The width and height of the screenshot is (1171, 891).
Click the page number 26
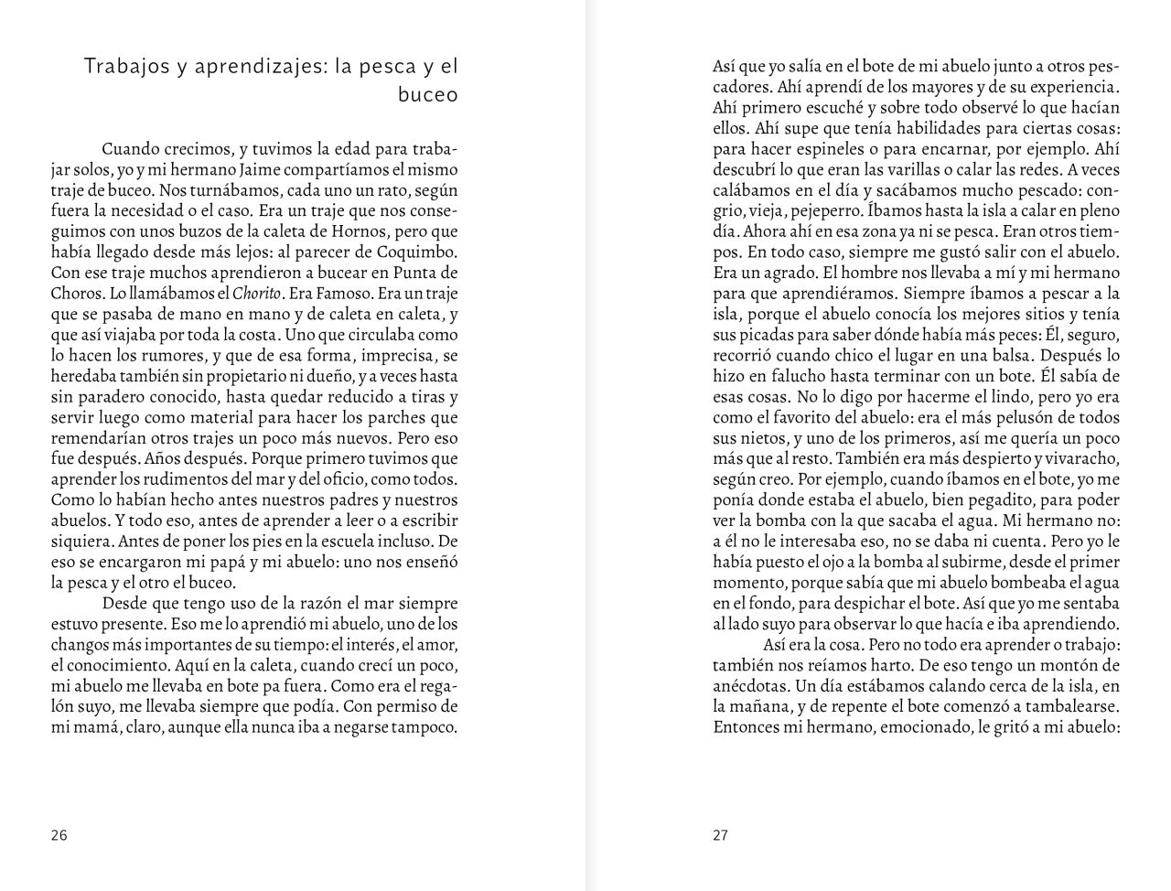pyautogui.click(x=59, y=834)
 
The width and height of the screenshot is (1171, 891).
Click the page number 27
pyautogui.click(x=721, y=834)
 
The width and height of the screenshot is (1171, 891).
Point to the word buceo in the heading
pyautogui.click(x=427, y=95)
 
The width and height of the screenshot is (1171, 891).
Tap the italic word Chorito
pyautogui.click(x=256, y=293)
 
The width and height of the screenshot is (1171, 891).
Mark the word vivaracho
pyautogui.click(x=1080, y=458)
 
